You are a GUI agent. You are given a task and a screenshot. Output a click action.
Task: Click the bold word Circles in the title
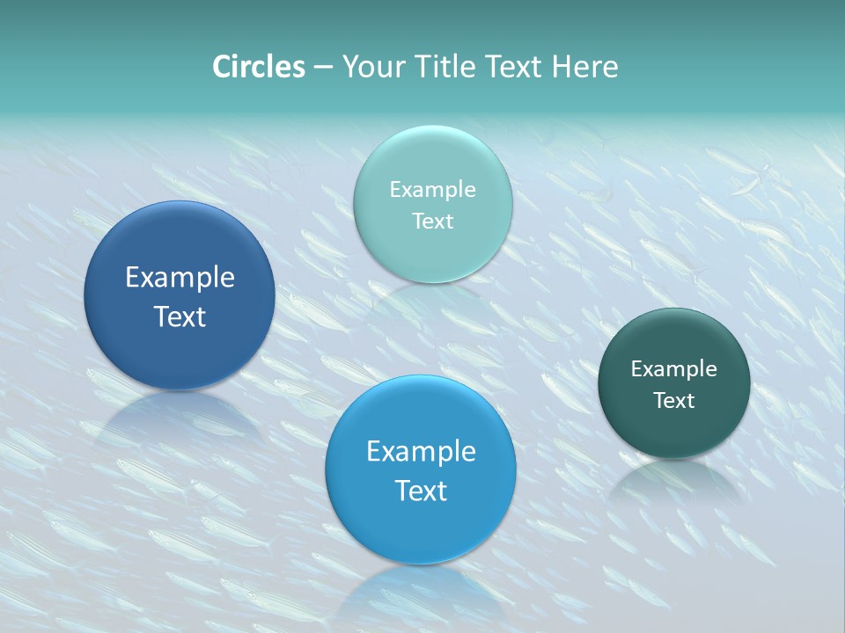click(x=258, y=67)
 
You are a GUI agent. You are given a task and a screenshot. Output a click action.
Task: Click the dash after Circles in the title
click(x=323, y=68)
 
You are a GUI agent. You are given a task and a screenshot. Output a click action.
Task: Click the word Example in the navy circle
click(x=180, y=278)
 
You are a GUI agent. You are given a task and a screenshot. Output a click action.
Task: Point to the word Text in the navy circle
click(x=180, y=316)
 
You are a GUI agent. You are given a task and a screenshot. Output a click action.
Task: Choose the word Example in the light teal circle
click(x=432, y=190)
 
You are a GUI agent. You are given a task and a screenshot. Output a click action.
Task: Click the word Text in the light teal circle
click(x=432, y=222)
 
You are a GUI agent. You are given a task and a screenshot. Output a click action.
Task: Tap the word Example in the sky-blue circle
click(x=421, y=452)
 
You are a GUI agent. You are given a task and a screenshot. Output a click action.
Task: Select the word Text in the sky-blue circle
click(x=421, y=491)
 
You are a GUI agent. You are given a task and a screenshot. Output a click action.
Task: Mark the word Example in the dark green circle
click(x=673, y=369)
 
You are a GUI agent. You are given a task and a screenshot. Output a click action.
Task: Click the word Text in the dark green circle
click(x=674, y=401)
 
